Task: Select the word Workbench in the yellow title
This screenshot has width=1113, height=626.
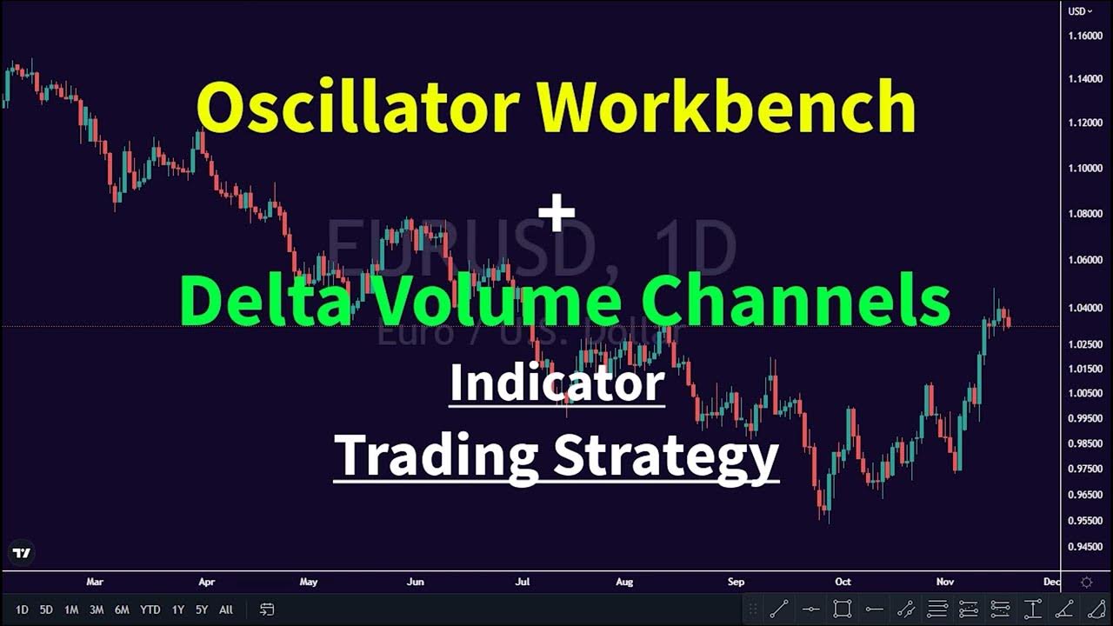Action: tap(726, 107)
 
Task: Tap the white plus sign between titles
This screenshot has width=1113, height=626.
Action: tap(556, 213)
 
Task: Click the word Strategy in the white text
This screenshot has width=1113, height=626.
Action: tap(665, 455)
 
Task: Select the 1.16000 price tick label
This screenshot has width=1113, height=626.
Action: tap(1086, 36)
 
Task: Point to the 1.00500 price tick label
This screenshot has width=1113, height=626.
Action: tap(1086, 393)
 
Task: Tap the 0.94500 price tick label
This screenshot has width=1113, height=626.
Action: tap(1086, 547)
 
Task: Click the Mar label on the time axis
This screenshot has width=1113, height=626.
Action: tap(95, 582)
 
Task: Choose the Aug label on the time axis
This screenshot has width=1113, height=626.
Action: tap(623, 582)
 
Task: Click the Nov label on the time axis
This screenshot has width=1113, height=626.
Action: tap(946, 582)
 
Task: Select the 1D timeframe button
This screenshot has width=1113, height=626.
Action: tap(22, 609)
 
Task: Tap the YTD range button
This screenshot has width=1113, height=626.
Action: tap(150, 609)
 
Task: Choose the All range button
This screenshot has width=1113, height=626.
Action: tap(226, 609)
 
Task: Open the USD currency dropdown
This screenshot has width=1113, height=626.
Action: tap(1081, 11)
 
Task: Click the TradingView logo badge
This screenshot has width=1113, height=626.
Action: tap(22, 553)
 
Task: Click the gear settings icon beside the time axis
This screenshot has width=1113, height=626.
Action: tap(1086, 582)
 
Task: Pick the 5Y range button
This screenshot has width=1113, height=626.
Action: tap(202, 609)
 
